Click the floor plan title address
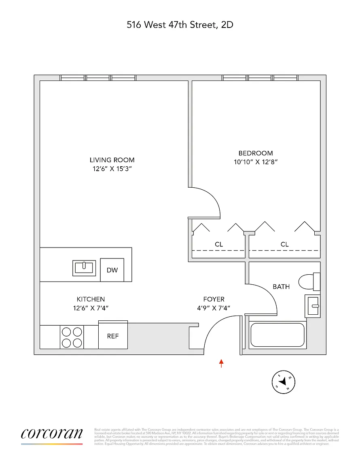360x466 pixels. click(180, 25)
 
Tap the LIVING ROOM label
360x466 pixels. click(112, 160)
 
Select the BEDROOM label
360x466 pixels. click(256, 153)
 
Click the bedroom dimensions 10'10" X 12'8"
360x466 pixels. click(256, 162)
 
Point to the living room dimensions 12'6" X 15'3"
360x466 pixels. click(112, 169)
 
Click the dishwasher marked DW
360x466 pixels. click(112, 270)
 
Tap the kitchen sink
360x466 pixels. click(84, 268)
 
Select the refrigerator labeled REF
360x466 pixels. click(113, 336)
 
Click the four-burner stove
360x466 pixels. click(72, 337)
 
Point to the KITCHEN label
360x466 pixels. click(91, 299)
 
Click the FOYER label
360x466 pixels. click(214, 299)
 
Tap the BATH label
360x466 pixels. click(281, 286)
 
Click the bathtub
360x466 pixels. click(277, 335)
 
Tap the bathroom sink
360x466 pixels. click(312, 305)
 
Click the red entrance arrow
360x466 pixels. click(221, 363)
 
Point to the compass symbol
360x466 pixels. click(283, 381)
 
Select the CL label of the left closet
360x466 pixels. click(219, 244)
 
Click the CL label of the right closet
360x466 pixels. click(285, 244)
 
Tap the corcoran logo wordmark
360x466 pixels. click(52, 434)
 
